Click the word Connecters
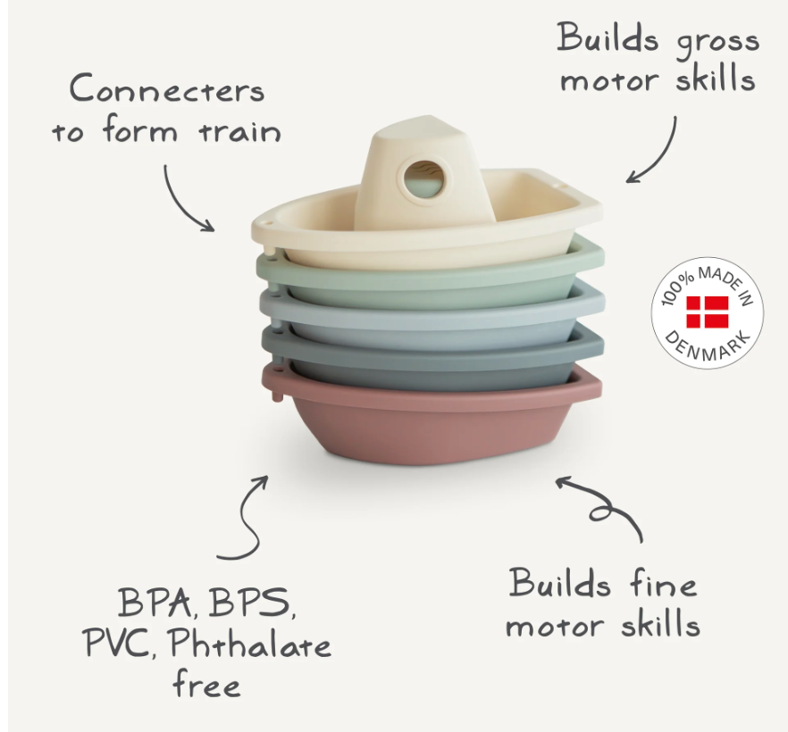point(167,91)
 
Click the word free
point(206,686)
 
